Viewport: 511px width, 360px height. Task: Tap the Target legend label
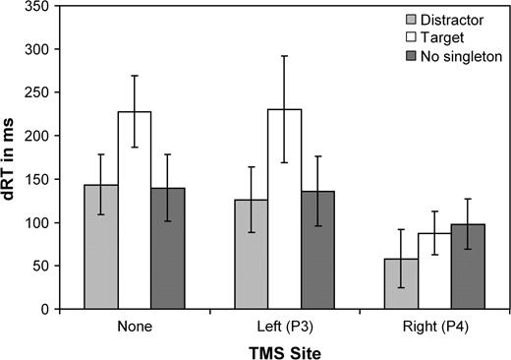click(x=445, y=37)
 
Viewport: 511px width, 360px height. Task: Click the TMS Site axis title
click(x=285, y=349)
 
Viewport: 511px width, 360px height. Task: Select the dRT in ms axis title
click(x=12, y=157)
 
